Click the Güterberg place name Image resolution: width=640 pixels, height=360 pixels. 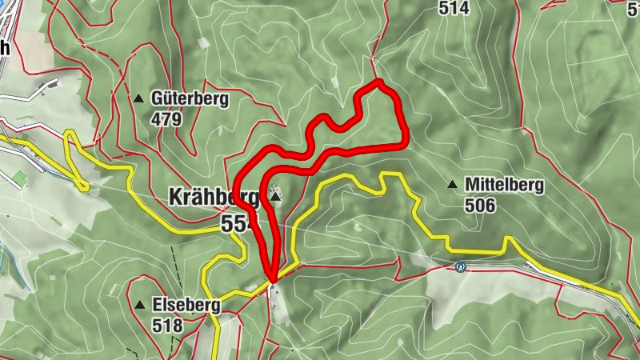tap(190, 99)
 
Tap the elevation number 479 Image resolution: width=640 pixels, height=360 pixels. tap(166, 119)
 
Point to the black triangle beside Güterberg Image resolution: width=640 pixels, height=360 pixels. tap(139, 98)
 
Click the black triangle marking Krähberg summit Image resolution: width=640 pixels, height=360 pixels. tap(275, 196)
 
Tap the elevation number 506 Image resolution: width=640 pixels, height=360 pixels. tap(480, 206)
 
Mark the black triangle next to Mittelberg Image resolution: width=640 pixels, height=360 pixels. tap(453, 185)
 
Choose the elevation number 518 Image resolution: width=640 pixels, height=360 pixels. tap(166, 325)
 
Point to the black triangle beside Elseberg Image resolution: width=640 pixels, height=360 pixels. tap(140, 305)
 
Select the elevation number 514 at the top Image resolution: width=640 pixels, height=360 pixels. tap(454, 8)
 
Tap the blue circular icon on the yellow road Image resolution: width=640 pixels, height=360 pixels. tap(459, 267)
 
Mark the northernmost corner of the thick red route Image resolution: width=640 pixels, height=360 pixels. tap(379, 82)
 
